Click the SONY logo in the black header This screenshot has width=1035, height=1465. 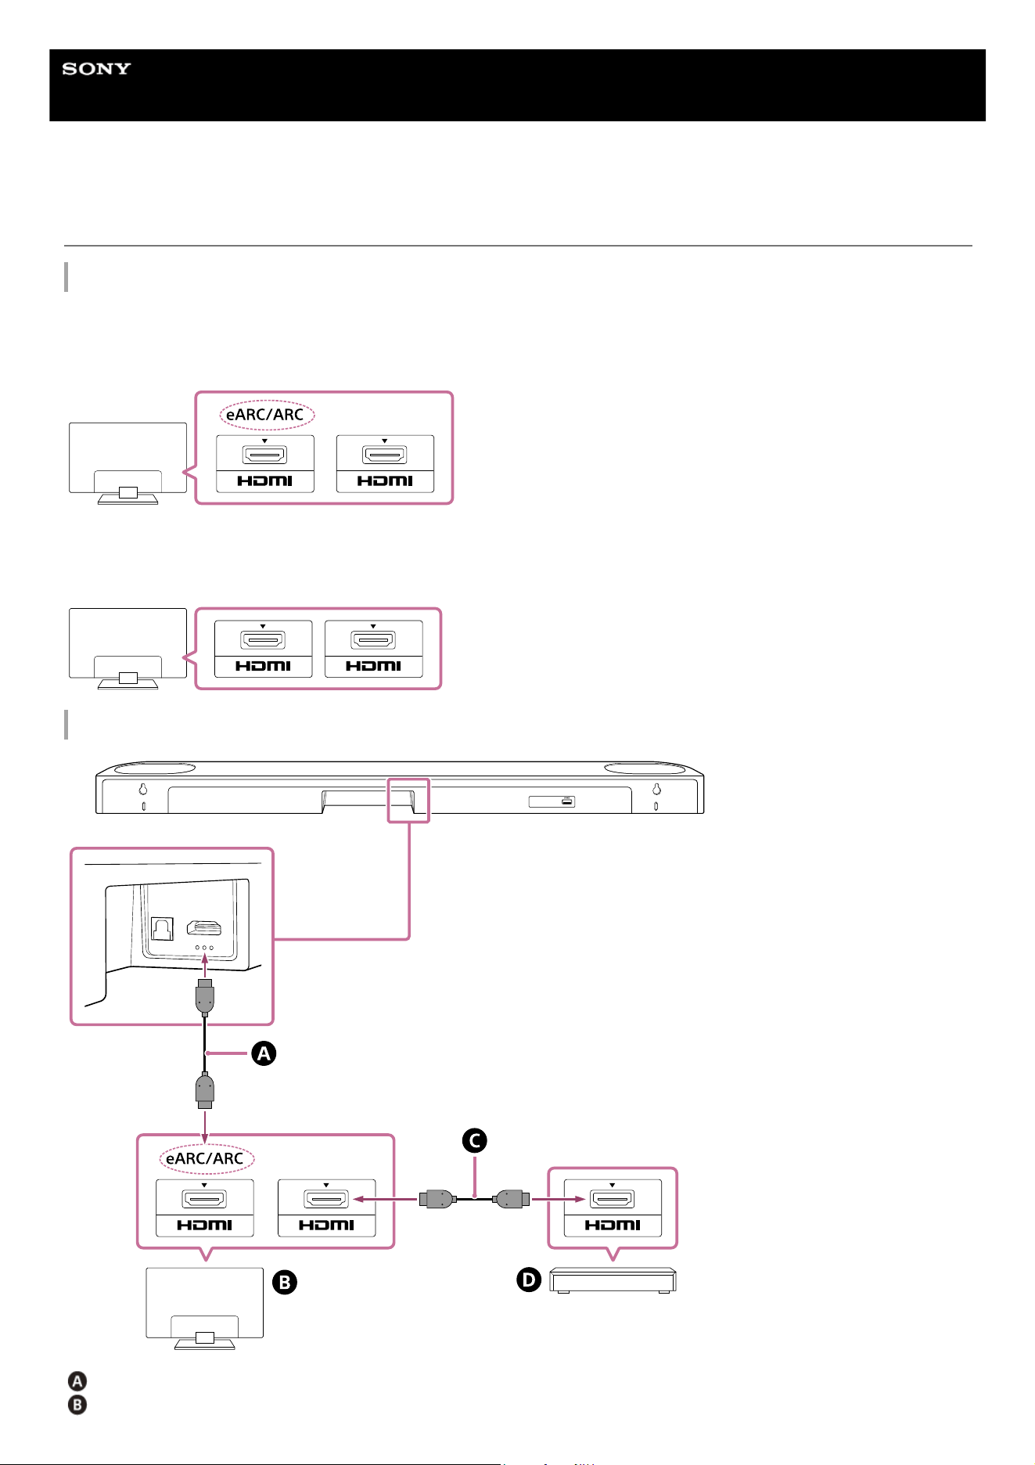[x=96, y=69]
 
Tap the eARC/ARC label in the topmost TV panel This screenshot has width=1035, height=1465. [x=265, y=414]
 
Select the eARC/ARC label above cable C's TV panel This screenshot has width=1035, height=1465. [x=205, y=1158]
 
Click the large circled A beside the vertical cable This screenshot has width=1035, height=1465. [x=264, y=1054]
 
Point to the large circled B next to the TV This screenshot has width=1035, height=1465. [x=285, y=1282]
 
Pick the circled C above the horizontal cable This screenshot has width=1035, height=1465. [x=474, y=1140]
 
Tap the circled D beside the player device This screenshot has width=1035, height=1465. [x=530, y=1280]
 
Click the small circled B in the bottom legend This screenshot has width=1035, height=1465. [x=77, y=1405]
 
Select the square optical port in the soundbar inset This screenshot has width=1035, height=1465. [x=161, y=929]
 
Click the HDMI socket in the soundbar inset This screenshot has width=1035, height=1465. [x=203, y=928]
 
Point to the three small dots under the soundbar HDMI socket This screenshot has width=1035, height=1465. [x=204, y=948]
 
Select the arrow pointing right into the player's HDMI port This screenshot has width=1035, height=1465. [x=559, y=1198]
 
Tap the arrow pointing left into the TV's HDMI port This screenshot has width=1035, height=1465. [x=384, y=1198]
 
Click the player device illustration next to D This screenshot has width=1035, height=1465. [x=613, y=1280]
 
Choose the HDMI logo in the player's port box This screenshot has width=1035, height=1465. [x=613, y=1225]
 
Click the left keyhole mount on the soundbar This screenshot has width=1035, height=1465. [x=143, y=790]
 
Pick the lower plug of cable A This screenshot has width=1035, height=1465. [x=204, y=1091]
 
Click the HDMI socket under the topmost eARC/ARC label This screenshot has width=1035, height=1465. [x=265, y=455]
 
